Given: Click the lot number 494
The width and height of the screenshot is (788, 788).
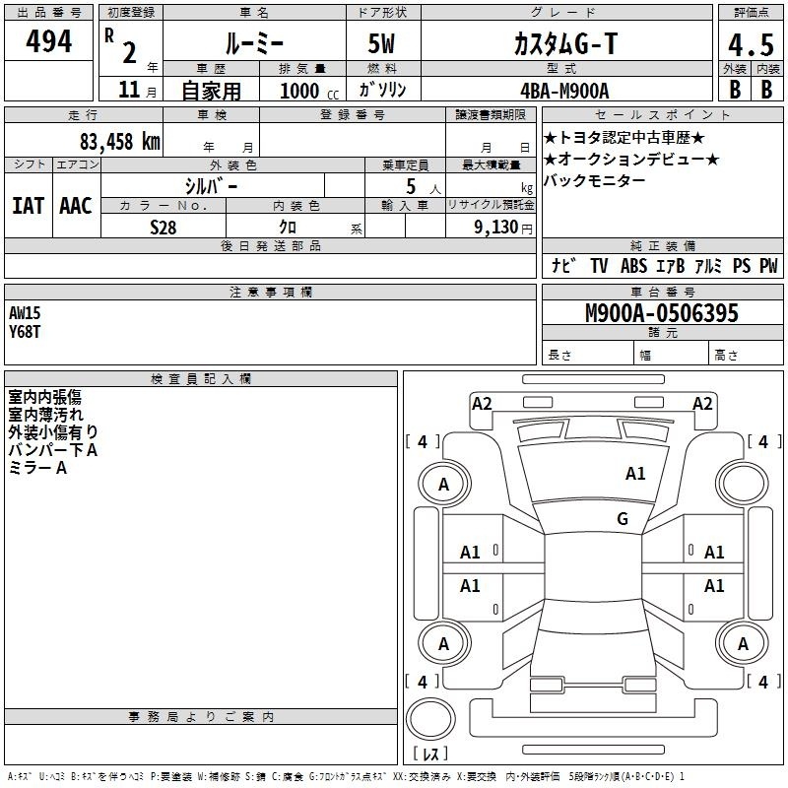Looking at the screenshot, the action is click(48, 40).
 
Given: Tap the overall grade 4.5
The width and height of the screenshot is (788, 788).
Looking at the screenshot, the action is click(751, 44).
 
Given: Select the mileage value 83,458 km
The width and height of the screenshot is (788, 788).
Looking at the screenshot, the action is click(119, 142).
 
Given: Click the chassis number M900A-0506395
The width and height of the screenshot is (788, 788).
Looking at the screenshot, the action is click(662, 313).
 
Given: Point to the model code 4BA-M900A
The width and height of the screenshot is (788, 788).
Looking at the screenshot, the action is click(564, 91).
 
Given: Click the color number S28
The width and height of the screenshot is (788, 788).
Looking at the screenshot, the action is click(164, 228).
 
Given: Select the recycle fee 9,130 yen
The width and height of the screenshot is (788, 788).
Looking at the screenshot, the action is click(503, 228).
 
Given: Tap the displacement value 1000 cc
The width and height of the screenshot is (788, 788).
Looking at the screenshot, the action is click(309, 91).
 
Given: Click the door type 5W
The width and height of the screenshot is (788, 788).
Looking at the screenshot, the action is click(381, 43).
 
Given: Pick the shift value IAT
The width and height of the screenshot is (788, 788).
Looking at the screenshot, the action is click(29, 206).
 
